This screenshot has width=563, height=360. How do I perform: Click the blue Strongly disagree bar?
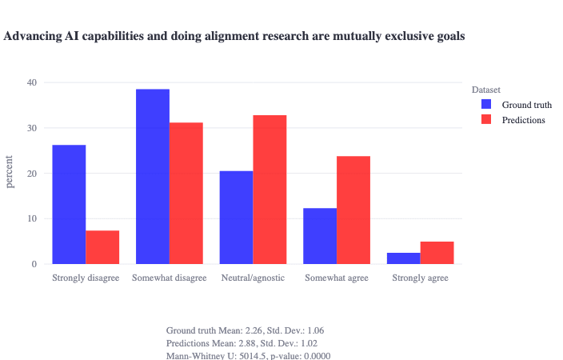click(69, 204)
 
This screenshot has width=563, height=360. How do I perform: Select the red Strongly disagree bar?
click(102, 247)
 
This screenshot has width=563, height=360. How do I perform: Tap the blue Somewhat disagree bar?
click(153, 176)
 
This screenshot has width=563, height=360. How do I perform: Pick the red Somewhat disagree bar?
click(186, 193)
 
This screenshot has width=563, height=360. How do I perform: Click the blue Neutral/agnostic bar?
click(236, 217)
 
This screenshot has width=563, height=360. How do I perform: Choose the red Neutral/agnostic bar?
click(270, 190)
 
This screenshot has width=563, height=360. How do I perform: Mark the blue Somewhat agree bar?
click(320, 236)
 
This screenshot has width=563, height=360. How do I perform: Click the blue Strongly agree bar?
click(404, 258)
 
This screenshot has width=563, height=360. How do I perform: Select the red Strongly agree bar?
click(437, 253)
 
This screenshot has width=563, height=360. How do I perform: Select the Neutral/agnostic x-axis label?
click(253, 278)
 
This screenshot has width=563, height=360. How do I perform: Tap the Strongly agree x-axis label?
click(420, 278)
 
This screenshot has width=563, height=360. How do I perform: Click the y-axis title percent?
click(10, 173)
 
